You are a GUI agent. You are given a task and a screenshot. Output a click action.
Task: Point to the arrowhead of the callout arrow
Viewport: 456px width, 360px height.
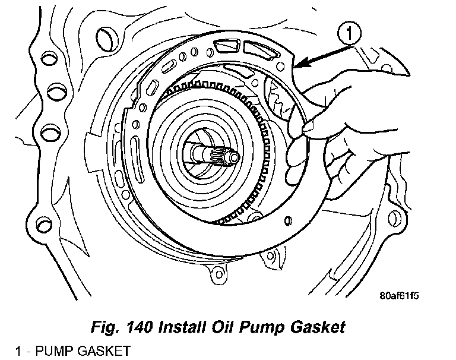click(x=299, y=62)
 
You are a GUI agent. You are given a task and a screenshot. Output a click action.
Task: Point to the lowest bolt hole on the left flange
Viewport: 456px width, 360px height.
click(x=42, y=225)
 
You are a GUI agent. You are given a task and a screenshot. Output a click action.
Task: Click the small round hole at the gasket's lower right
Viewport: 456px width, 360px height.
click(x=289, y=217)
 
